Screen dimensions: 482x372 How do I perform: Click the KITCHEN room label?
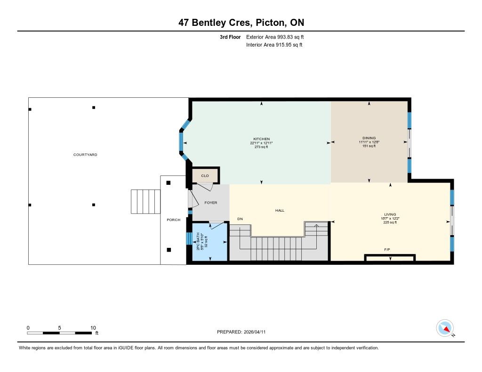261,139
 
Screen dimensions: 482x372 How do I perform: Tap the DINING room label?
369,138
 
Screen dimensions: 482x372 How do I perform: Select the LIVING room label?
390,214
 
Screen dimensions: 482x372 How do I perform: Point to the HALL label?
280,210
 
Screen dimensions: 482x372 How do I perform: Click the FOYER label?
210,203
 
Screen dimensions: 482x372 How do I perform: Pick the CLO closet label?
205,176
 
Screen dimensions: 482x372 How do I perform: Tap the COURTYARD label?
85,155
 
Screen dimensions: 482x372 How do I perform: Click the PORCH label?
173,220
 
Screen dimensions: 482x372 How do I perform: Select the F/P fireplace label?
387,250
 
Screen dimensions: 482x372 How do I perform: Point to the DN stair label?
240,219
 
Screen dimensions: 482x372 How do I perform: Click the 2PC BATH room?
209,242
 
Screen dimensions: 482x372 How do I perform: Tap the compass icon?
445,328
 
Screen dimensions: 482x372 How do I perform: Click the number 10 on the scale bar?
93,328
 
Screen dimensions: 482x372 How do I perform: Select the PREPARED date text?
241,332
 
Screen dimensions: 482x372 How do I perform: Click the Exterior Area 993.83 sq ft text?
275,37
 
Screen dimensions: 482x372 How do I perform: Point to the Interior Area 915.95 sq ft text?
274,45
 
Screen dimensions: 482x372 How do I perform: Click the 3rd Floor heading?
230,37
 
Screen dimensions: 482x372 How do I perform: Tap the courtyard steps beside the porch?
146,201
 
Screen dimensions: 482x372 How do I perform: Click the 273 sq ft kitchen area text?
261,147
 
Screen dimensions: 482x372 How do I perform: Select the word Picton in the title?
270,23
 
